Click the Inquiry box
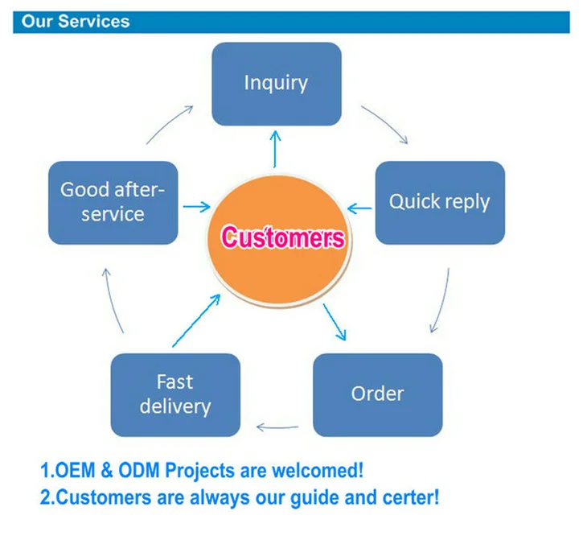[x=277, y=84]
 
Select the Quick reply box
[x=440, y=203]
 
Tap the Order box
[x=378, y=395]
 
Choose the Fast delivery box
[x=175, y=395]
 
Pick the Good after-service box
[x=113, y=203]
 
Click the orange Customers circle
[x=280, y=241]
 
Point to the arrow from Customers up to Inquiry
[x=275, y=149]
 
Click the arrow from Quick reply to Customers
[x=359, y=208]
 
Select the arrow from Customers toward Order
[x=335, y=322]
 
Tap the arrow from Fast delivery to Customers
[x=196, y=320]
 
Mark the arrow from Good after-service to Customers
[x=196, y=207]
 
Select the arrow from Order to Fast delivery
[x=277, y=427]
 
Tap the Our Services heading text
[x=76, y=22]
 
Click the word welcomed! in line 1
[x=318, y=470]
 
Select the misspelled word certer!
[x=411, y=498]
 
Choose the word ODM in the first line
[x=139, y=471]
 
